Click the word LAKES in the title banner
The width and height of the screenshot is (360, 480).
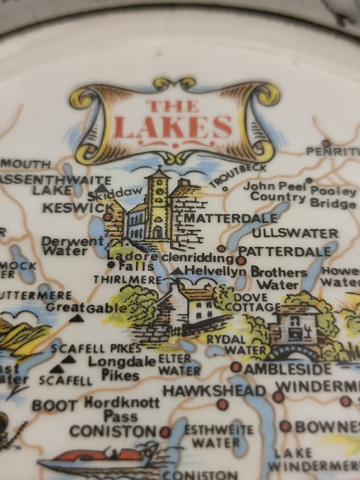173,127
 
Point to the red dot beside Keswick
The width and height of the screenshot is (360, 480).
108,216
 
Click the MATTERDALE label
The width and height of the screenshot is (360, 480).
222,217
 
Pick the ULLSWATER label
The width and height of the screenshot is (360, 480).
295,233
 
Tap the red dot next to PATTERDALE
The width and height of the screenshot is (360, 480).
241,260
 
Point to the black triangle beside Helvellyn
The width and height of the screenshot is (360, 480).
177,271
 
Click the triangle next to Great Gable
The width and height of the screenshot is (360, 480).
77,318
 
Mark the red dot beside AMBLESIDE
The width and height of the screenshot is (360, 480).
235,367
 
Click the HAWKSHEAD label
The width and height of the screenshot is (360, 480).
214,391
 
